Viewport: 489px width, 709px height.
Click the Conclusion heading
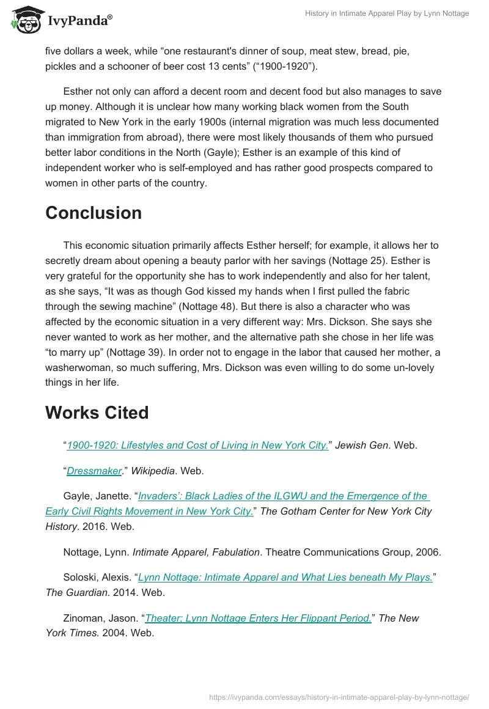click(94, 213)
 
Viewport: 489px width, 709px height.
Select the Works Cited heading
click(97, 413)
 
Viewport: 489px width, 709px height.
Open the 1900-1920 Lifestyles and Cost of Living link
click(197, 446)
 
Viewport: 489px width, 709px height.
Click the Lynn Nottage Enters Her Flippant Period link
click(258, 618)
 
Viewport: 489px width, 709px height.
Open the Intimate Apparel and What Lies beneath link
click(285, 577)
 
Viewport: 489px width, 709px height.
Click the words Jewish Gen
click(362, 446)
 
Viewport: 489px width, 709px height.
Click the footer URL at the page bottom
click(339, 697)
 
